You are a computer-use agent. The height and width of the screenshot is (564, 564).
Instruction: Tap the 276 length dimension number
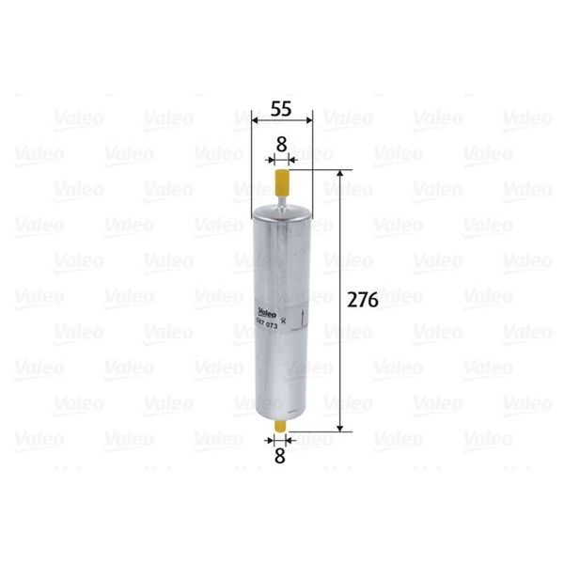click(362, 301)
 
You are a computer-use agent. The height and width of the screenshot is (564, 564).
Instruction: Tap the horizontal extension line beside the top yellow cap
click(320, 170)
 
